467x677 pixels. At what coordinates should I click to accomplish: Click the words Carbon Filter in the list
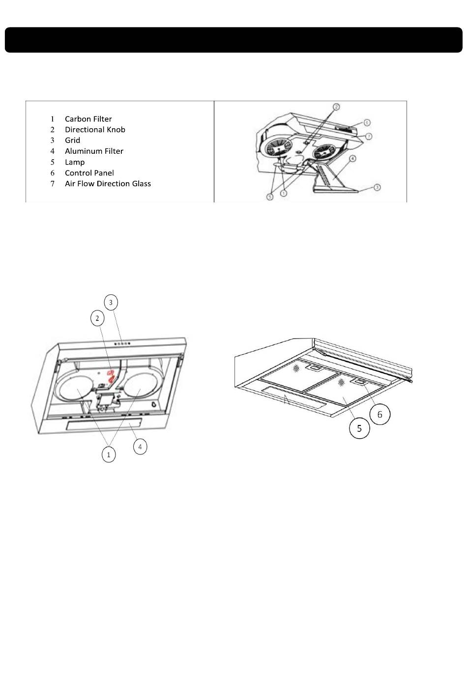pos(88,119)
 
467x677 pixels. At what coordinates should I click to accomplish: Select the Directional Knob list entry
pos(95,130)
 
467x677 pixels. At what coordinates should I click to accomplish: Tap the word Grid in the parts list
pos(72,141)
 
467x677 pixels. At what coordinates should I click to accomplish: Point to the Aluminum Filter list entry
pos(94,151)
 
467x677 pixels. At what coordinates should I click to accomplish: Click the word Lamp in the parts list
pos(75,162)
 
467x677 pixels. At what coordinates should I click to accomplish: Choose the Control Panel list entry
pos(89,173)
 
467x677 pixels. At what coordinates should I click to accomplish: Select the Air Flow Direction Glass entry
pos(108,184)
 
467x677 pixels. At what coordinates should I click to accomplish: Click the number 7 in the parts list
pos(52,184)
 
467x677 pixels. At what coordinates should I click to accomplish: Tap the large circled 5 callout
pos(359,428)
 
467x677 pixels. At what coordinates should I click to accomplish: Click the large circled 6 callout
pos(379,415)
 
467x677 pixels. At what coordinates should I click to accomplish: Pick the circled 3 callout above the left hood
pos(111,302)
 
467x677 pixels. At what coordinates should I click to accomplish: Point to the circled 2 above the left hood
pos(97,318)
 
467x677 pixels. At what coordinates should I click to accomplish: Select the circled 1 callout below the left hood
pos(109,455)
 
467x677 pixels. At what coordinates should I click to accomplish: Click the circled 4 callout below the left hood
pos(140,447)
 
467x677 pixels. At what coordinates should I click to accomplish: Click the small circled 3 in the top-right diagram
pos(377,187)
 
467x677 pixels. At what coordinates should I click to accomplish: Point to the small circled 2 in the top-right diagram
pos(336,107)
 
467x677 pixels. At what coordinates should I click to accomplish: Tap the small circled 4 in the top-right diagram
pos(353,159)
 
